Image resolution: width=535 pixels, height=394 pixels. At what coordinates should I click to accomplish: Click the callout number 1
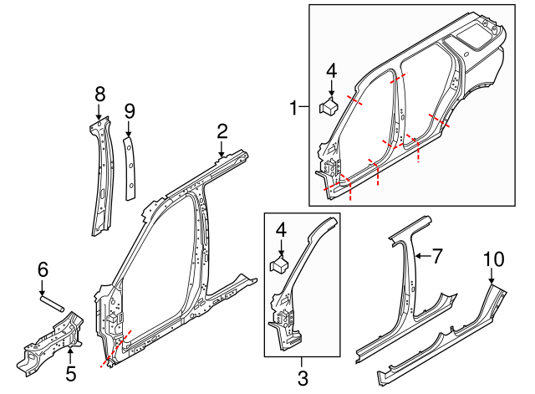point(293,108)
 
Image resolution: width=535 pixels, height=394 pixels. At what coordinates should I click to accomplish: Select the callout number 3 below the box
point(302,377)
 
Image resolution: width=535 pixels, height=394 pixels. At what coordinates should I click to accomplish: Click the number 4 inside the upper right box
point(332,72)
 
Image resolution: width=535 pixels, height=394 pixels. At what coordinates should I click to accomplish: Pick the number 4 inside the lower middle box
point(281,229)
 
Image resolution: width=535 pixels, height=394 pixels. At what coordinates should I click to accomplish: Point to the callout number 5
point(71,369)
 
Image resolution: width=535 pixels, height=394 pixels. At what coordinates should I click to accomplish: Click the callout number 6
point(43,269)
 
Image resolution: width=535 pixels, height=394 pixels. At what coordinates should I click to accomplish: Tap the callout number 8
point(99,93)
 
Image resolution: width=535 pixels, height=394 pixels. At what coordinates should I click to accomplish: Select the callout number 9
point(129,111)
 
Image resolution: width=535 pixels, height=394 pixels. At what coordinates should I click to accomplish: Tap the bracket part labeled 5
point(50,339)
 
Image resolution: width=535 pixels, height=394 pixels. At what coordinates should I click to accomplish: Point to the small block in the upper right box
point(329,105)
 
